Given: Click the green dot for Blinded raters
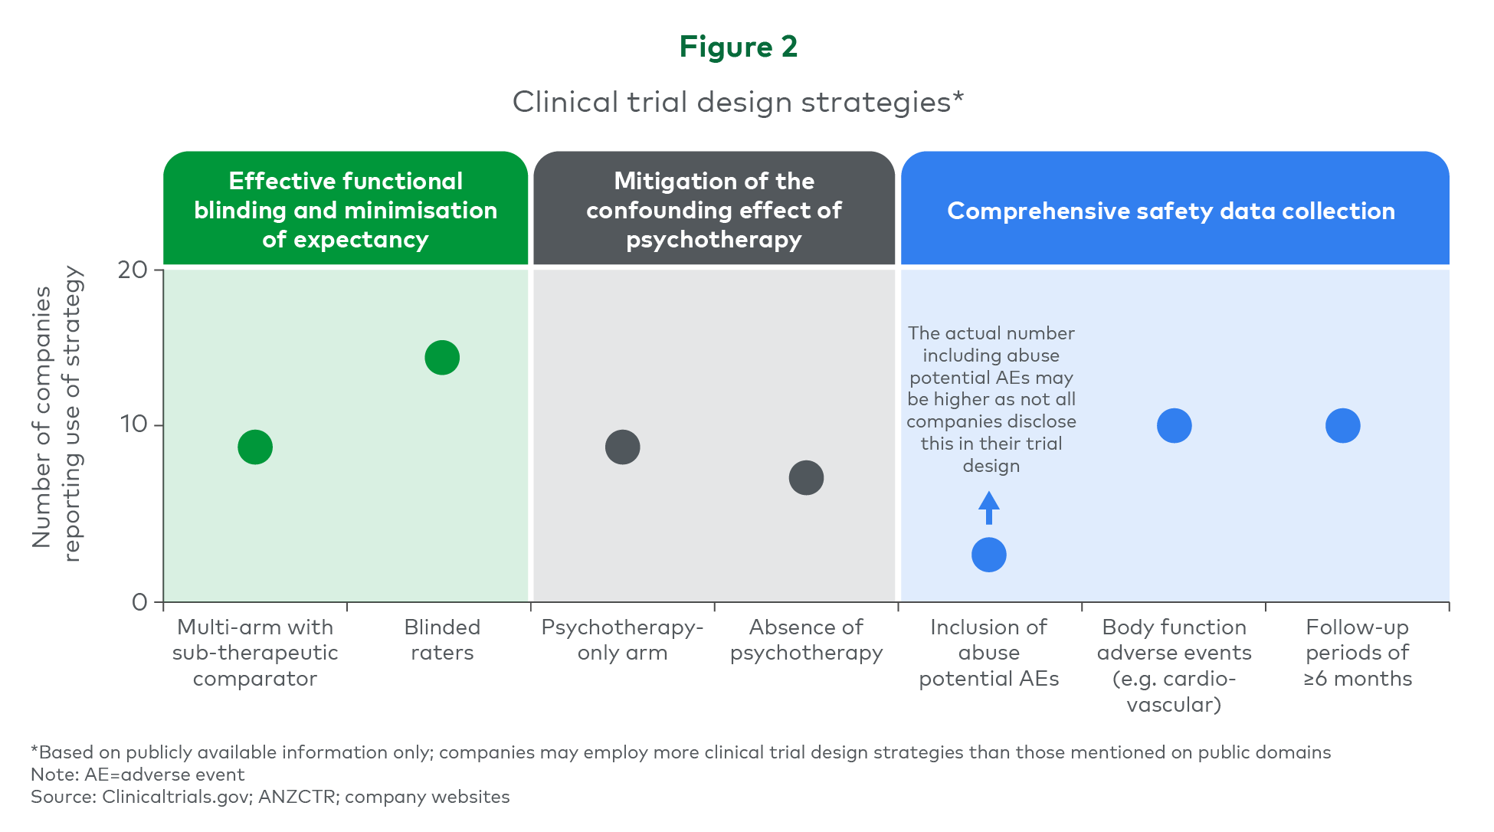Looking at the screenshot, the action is pos(442,357).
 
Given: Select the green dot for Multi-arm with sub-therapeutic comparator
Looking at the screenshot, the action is pos(255,447).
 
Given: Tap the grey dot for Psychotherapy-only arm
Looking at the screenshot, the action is pos(623,447).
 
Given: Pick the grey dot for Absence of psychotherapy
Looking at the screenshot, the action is pos(806,477).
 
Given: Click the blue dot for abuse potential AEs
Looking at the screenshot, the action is pos(989,555).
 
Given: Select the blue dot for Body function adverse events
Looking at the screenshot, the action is pos(1175,425).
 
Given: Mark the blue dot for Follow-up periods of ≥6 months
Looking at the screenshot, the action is pos(1343,425).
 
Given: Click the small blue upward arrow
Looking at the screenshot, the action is pos(989,508).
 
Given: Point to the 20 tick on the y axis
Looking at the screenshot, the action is pos(159,270).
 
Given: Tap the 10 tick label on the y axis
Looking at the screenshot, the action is pos(133,424).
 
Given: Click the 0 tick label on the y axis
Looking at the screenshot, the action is pos(139,602).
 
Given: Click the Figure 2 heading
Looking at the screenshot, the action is pos(739,47).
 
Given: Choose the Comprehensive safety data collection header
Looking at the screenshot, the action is pos(1171,211).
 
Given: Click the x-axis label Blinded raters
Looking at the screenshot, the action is pos(442,640).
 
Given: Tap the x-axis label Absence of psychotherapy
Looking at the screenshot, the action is pos(806,640).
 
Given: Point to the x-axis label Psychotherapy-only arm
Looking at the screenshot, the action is pos(623,640).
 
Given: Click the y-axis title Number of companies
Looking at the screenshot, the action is pos(42,417).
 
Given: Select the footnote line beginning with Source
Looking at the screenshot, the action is pos(270,797).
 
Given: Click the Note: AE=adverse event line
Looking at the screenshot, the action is pos(138,775).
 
